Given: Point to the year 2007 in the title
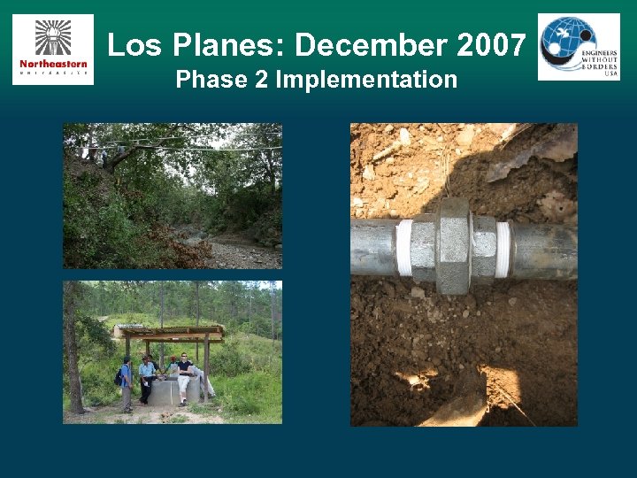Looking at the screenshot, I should pos(496,44).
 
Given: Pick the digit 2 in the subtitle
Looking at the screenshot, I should pos(262,80).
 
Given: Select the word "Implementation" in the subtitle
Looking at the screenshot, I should pos(366,80).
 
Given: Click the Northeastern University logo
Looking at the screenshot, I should pos(53,50).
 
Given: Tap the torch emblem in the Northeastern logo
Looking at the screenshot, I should pos(53,36).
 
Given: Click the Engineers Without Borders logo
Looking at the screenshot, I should pos(579,47).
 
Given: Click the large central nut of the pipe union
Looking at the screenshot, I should pos(452,245).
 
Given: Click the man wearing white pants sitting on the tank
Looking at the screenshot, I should pos(184,376).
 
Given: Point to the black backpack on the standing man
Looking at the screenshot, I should pos(119,376).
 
